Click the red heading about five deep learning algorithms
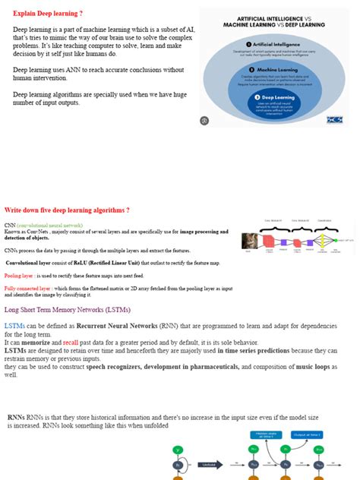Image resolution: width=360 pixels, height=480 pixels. pyautogui.click(x=67, y=210)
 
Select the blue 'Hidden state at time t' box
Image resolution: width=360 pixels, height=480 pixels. pyautogui.click(x=259, y=436)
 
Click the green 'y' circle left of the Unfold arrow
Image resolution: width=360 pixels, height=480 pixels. pyautogui.click(x=176, y=449)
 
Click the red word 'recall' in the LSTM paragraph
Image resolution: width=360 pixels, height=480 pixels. pyautogui.click(x=71, y=343)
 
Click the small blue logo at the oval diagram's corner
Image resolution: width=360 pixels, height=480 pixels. pyautogui.click(x=334, y=119)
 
